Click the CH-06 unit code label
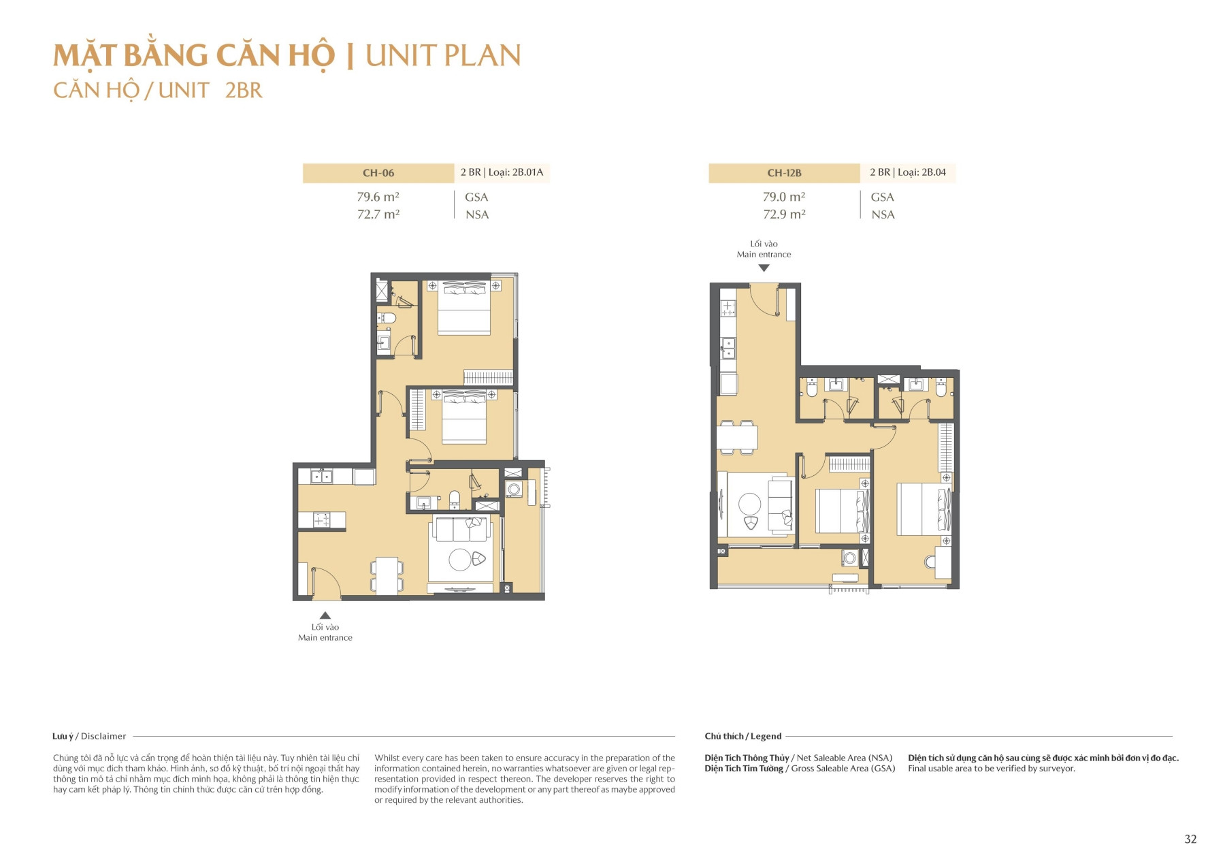(x=378, y=173)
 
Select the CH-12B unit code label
(x=784, y=173)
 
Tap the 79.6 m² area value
(x=378, y=197)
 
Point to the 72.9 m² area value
(x=784, y=214)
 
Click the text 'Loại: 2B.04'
(x=921, y=172)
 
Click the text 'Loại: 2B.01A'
(x=515, y=172)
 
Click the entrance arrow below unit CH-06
(x=325, y=615)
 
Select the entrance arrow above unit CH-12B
(x=764, y=268)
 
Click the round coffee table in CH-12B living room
(x=749, y=504)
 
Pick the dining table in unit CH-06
(x=387, y=576)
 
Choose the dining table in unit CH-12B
(x=736, y=437)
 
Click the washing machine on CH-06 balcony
(x=514, y=489)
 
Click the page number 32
(x=1190, y=839)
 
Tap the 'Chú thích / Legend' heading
(x=742, y=736)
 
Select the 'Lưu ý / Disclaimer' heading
(x=89, y=736)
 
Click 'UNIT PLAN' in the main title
(x=443, y=56)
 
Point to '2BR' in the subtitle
(x=244, y=91)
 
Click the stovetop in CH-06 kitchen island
(x=321, y=521)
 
